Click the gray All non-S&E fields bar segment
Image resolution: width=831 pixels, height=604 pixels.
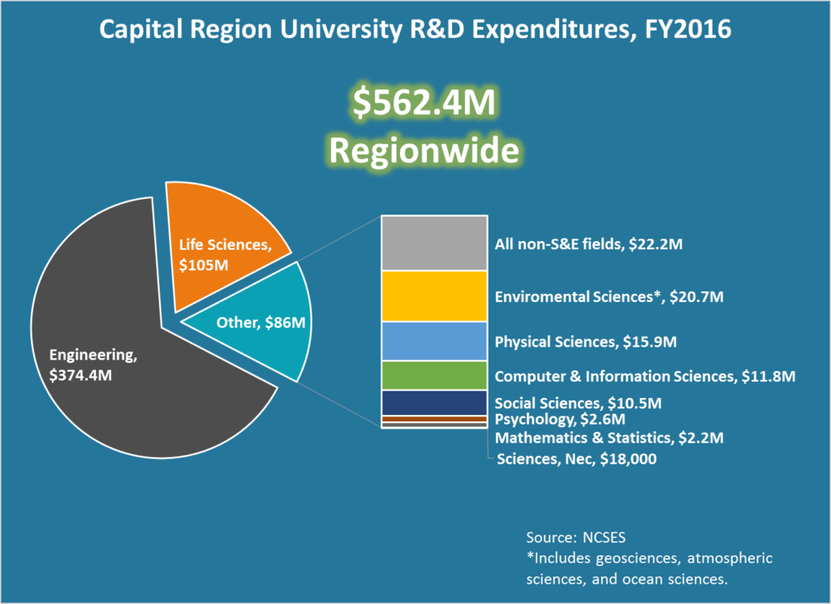434,243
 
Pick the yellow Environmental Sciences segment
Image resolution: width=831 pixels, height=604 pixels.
434,296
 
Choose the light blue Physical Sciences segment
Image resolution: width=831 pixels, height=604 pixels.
434,341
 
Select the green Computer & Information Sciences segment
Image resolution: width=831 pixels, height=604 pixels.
434,375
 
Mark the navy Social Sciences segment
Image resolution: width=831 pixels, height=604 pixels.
434,403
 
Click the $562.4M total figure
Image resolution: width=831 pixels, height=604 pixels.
415,105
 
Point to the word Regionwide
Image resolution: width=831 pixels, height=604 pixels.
415,151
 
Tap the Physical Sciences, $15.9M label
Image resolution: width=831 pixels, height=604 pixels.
585,342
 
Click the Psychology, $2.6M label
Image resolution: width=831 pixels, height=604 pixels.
560,419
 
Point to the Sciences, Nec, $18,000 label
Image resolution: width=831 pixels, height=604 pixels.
576,459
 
